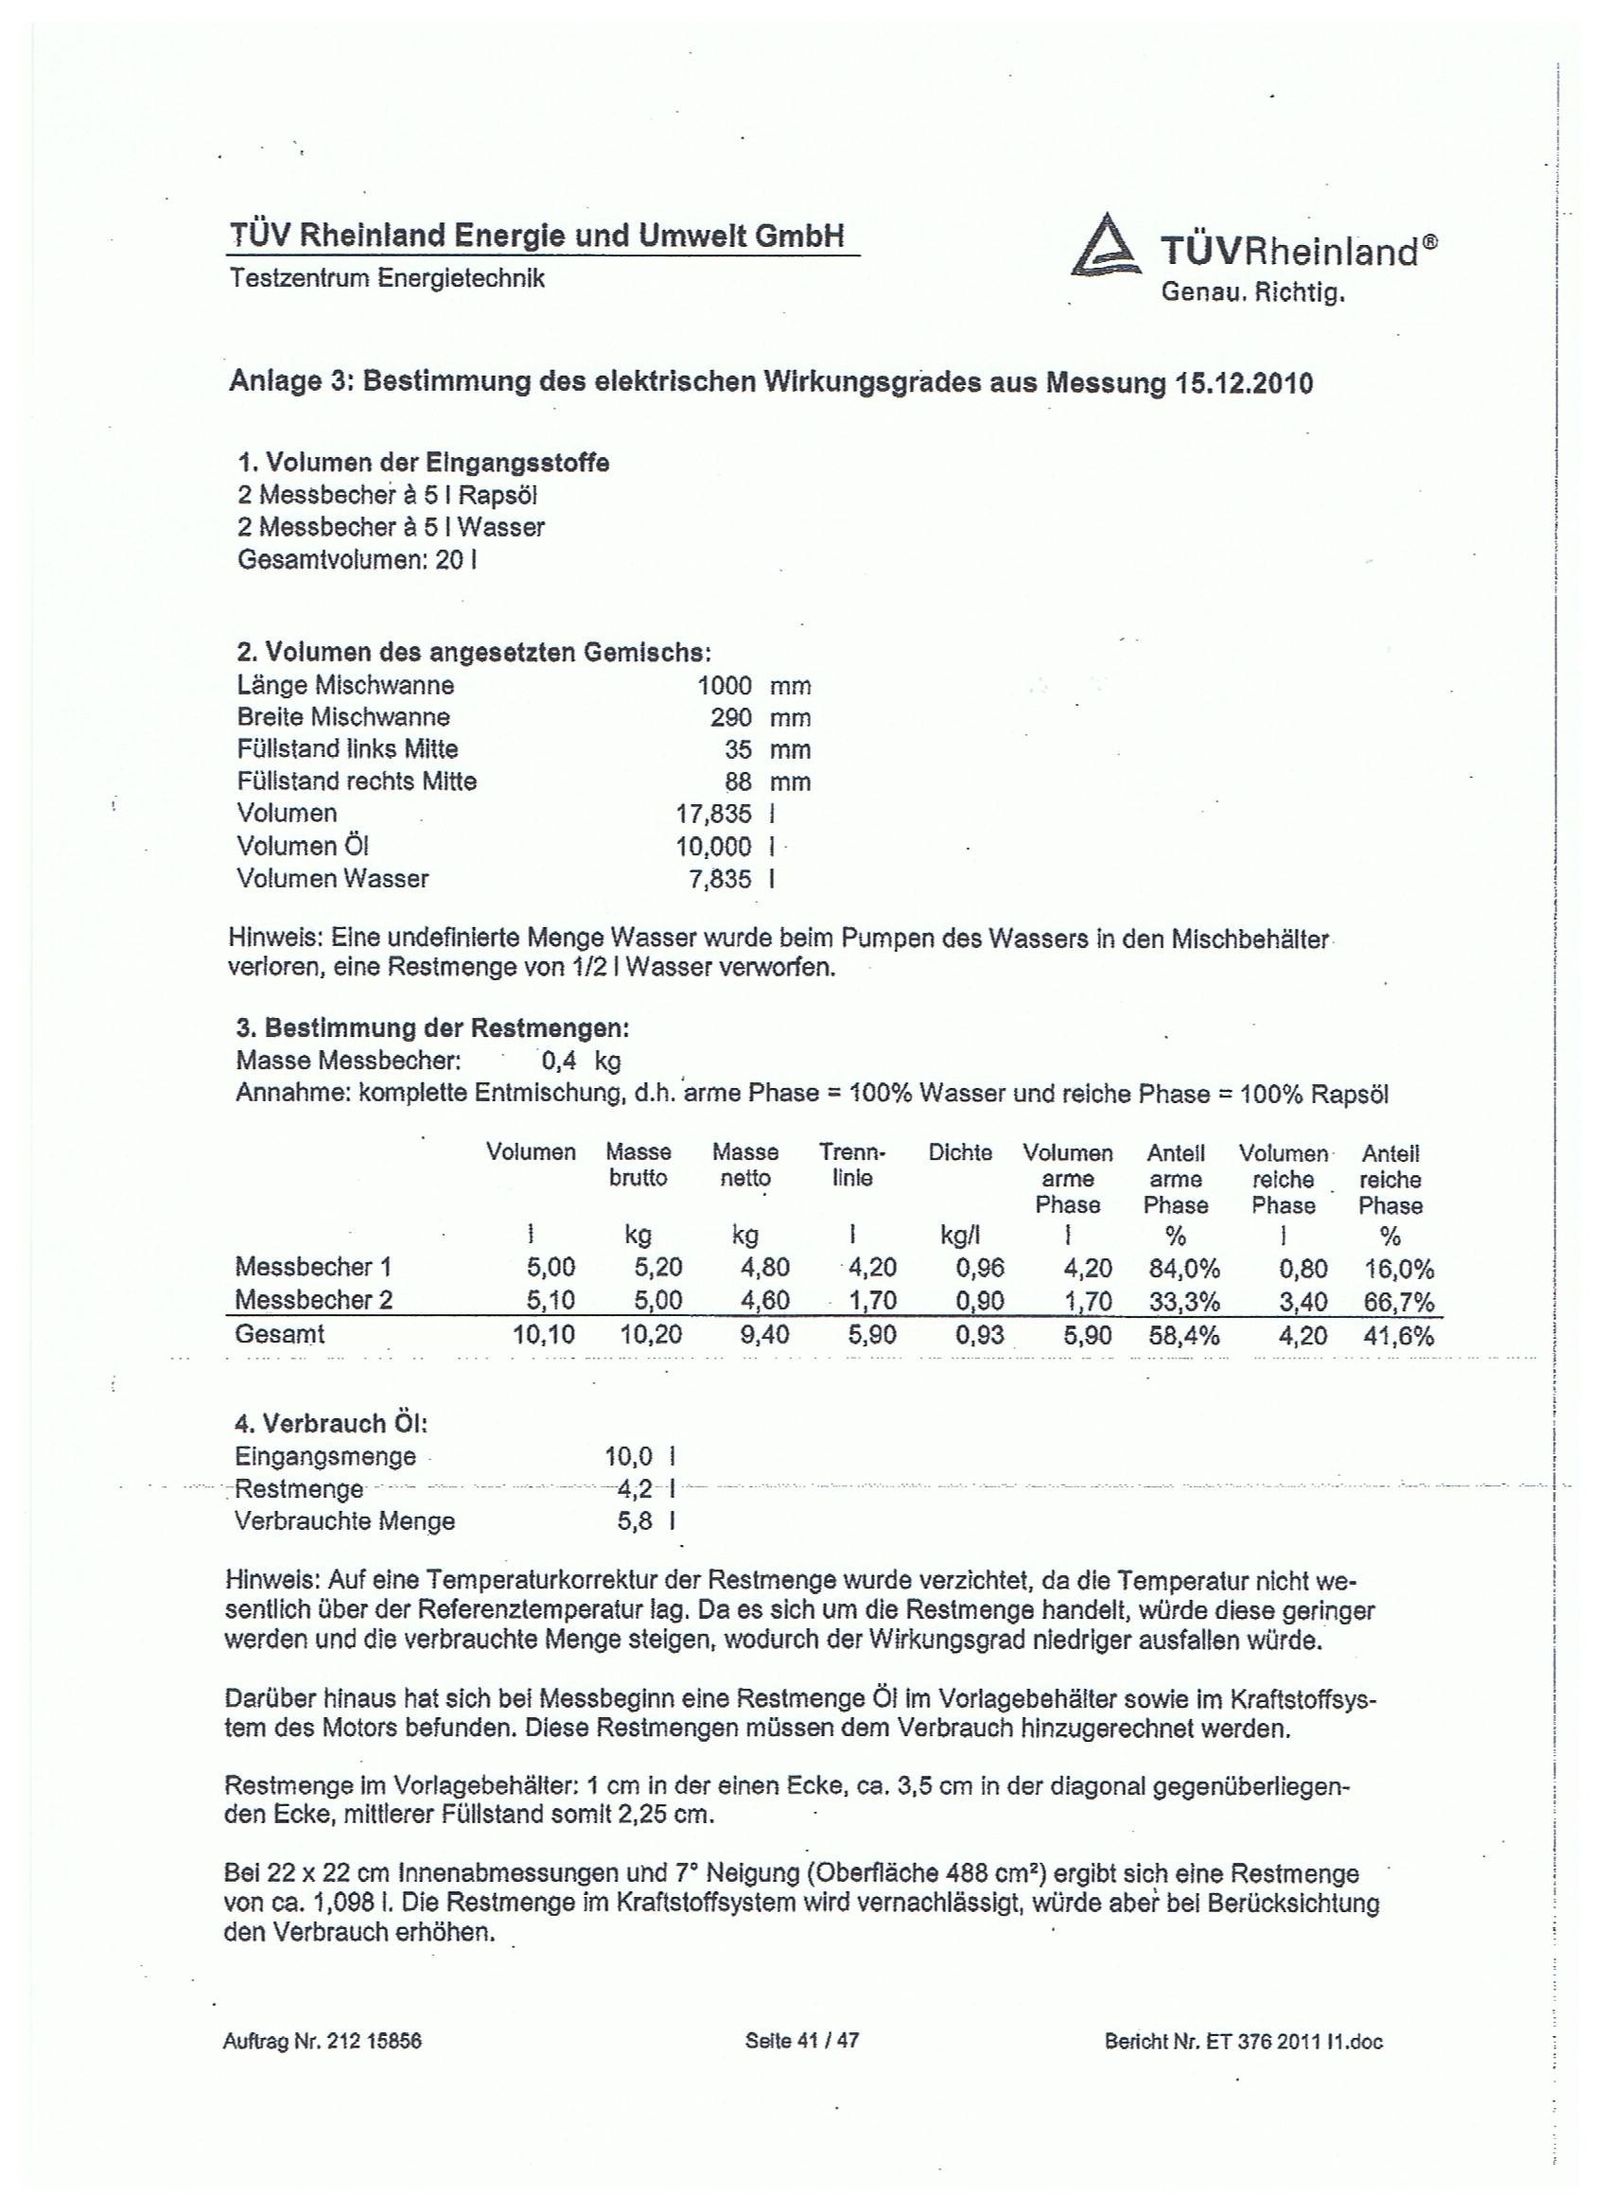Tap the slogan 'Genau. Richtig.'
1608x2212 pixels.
point(1252,291)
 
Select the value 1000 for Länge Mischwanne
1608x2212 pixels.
point(725,686)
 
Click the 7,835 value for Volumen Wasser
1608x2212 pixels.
point(721,879)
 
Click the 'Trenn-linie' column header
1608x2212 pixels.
point(852,1166)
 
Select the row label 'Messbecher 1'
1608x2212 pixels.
point(313,1267)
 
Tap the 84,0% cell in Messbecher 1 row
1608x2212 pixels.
point(1184,1268)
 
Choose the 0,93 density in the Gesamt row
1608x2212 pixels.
point(980,1335)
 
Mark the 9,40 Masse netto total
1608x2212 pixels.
point(764,1335)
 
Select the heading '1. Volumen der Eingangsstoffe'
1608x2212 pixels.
point(423,463)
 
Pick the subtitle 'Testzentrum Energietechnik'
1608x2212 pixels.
point(387,278)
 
